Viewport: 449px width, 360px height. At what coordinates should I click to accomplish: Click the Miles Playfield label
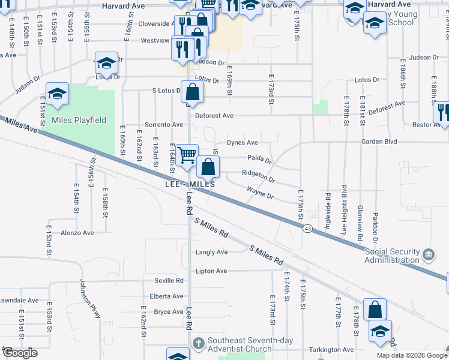click(x=79, y=120)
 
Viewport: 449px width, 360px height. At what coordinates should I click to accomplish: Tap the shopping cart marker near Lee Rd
click(x=187, y=155)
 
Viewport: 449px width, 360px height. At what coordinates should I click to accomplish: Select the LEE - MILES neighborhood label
click(x=190, y=184)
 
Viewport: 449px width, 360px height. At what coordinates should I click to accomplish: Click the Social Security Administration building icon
click(x=429, y=255)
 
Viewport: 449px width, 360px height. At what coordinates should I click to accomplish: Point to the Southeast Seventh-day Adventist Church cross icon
click(x=199, y=343)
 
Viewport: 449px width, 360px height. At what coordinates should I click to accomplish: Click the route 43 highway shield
click(x=307, y=229)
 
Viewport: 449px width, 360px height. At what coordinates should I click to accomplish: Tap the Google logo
click(x=20, y=353)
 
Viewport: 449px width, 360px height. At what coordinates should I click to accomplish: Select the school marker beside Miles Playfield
click(x=58, y=94)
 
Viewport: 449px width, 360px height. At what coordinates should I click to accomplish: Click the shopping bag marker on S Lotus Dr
click(x=192, y=92)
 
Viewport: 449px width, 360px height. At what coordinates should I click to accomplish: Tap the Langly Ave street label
click(x=211, y=252)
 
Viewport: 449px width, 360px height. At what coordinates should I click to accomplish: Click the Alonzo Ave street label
click(x=77, y=233)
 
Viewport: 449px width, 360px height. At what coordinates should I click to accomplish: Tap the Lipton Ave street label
click(x=211, y=271)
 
